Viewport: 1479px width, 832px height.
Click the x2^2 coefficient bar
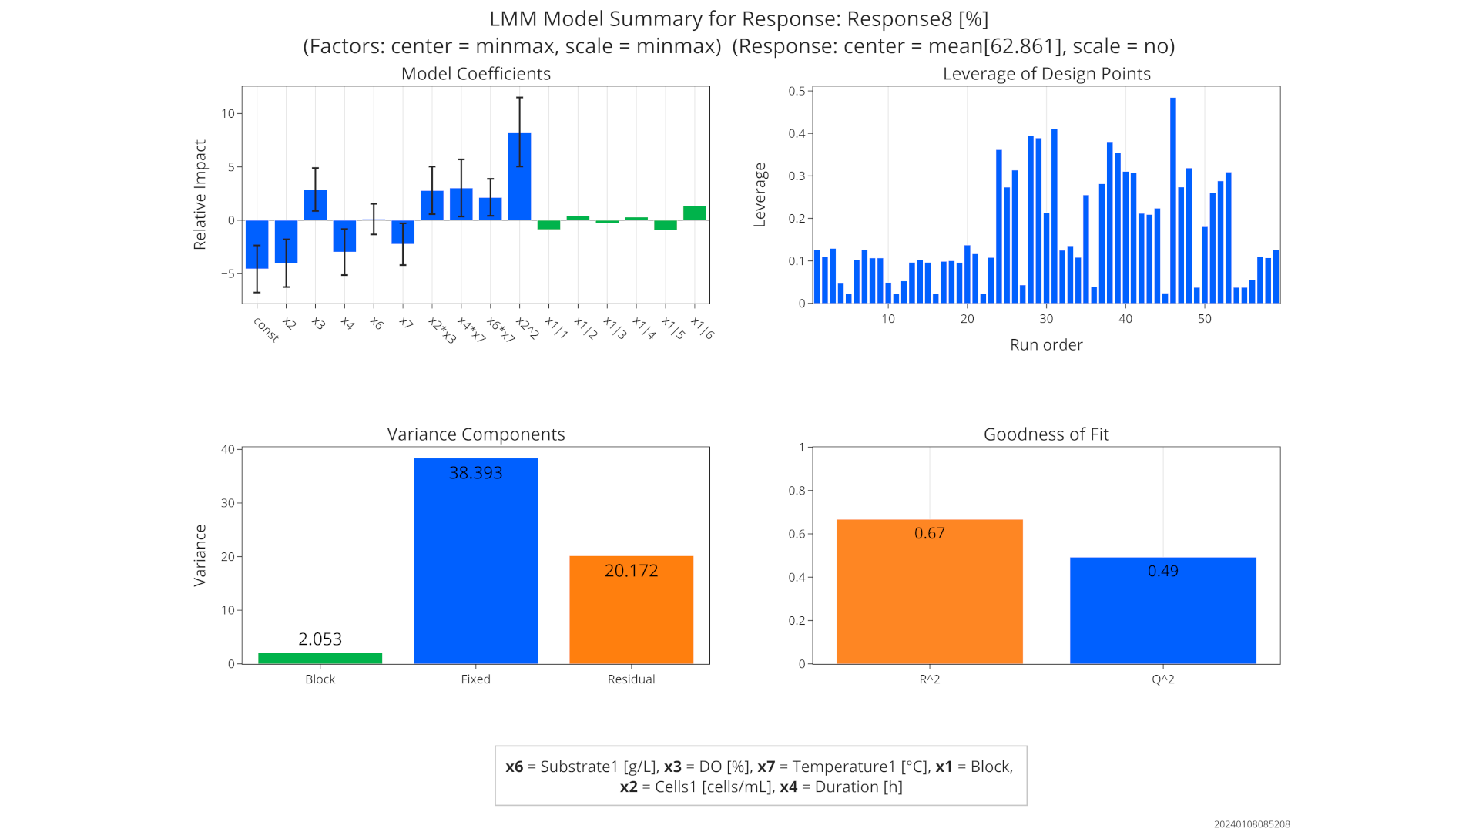coord(519,176)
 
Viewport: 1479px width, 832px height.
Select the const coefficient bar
coord(257,244)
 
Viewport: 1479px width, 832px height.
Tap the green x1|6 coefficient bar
coord(695,213)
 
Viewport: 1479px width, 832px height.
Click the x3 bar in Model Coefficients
coord(315,205)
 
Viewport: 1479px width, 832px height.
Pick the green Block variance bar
coord(320,659)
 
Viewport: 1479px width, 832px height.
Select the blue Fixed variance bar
coord(475,570)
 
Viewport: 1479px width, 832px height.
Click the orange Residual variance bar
coord(631,616)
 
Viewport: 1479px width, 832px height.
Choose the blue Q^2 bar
coord(1162,616)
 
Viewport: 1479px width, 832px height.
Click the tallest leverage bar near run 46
coord(1173,200)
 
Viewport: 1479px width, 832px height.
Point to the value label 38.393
coord(475,473)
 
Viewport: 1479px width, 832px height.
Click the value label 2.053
coord(320,639)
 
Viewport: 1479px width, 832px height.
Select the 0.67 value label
coord(929,533)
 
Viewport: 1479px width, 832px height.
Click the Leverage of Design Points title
coord(1046,74)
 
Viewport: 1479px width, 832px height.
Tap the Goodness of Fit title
coord(1046,434)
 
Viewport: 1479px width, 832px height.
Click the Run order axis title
coord(1046,345)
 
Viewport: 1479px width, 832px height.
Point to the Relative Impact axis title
coord(200,195)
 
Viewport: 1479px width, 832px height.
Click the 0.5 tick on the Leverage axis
coord(797,91)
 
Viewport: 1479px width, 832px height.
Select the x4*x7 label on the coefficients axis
coord(471,330)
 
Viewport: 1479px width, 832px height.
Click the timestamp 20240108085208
coord(1252,824)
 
